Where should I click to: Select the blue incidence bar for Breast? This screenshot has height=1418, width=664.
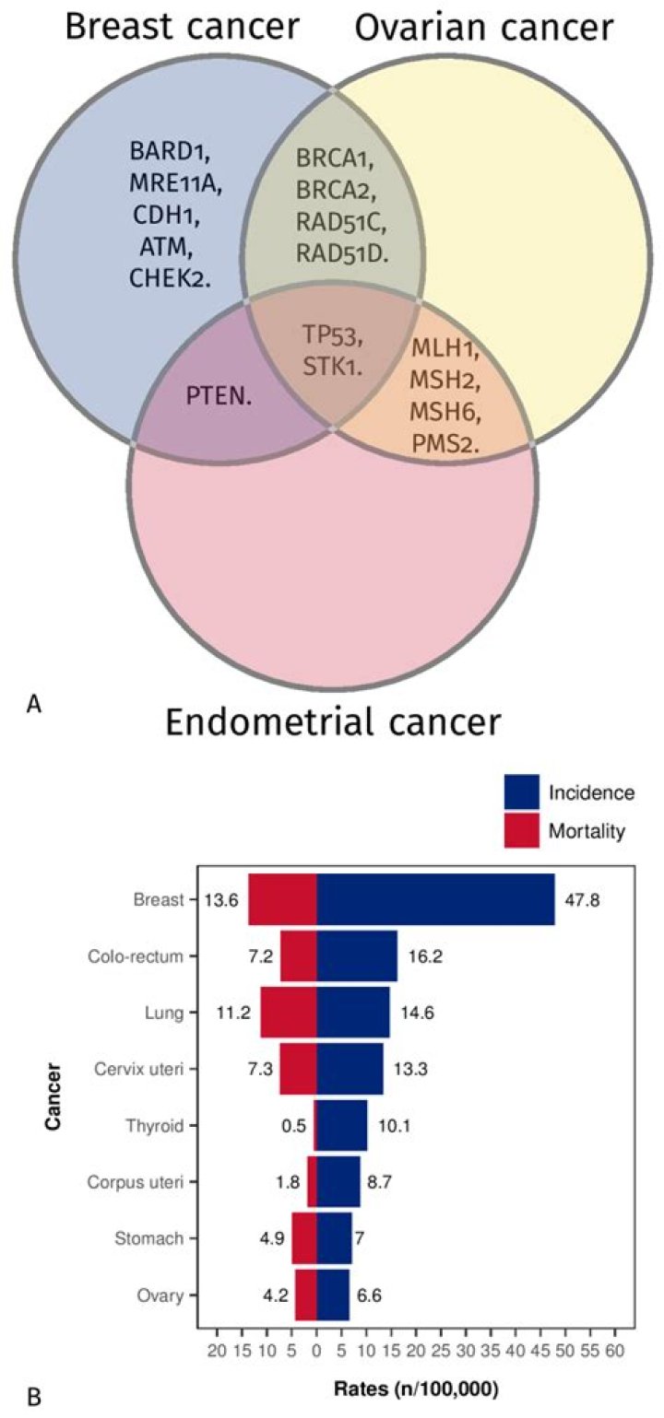pos(435,899)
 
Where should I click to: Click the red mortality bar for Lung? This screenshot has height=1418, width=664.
pos(288,1012)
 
